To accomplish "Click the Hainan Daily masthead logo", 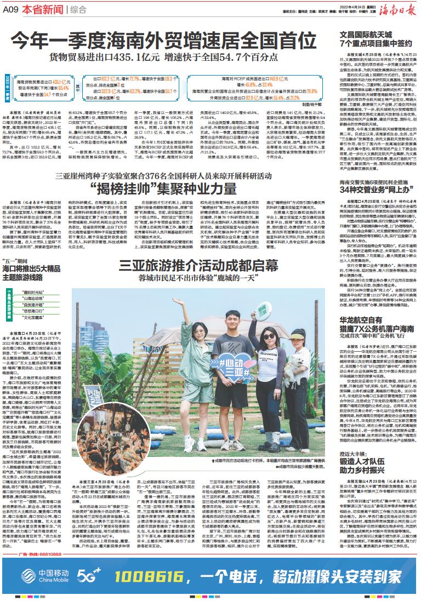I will click(x=397, y=9).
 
